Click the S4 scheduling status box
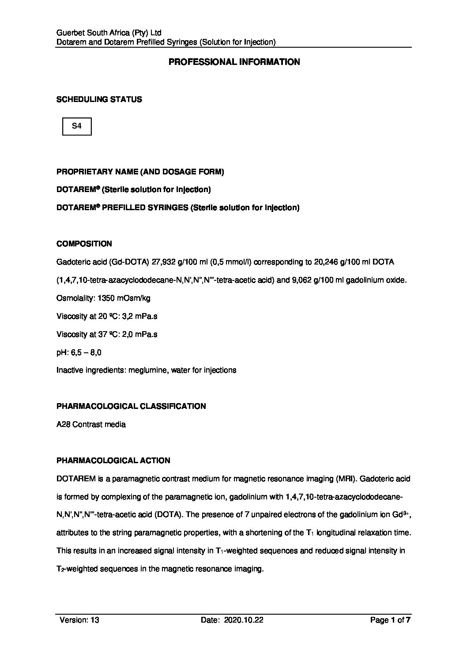tap(77, 126)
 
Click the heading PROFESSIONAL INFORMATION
tap(234, 62)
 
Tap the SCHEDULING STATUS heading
tap(99, 99)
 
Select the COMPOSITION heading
tap(84, 244)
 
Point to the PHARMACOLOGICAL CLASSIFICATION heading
tap(131, 406)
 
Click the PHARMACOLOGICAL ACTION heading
tap(113, 461)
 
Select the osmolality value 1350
tap(102, 298)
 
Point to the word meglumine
tap(147, 370)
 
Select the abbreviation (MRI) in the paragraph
tap(345, 479)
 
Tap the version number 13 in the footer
tap(95, 620)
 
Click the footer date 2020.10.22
tap(244, 620)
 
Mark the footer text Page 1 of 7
tap(391, 620)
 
